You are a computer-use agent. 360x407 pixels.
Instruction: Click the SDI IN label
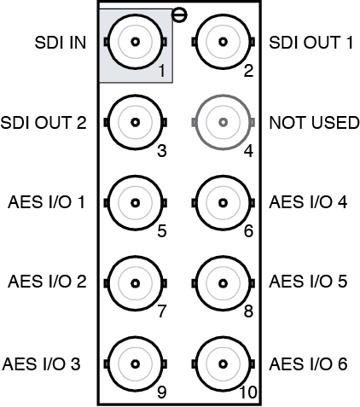point(60,43)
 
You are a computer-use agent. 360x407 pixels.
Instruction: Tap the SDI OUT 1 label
point(311,43)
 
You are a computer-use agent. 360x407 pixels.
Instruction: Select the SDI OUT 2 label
point(44,123)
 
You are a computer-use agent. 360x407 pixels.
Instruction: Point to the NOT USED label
point(314,123)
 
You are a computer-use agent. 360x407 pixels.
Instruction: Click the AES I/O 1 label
point(46,202)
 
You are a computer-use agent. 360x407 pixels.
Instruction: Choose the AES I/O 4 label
point(308,202)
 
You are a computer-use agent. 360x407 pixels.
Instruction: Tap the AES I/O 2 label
point(47,282)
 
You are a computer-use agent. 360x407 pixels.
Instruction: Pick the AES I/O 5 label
point(308,282)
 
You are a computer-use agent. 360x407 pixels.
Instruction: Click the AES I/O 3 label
point(41,364)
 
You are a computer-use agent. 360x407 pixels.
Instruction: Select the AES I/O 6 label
point(308,364)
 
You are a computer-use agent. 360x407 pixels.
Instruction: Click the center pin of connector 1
point(136,42)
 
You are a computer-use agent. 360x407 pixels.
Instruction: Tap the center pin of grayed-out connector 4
point(224,122)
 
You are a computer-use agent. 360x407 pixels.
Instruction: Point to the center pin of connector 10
point(224,364)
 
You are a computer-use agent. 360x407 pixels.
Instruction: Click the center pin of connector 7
point(136,283)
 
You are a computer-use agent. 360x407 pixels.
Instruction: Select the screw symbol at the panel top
point(179,15)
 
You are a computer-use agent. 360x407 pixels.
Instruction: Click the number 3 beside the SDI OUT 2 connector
point(162,151)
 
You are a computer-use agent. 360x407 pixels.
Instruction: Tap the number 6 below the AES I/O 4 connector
point(248,230)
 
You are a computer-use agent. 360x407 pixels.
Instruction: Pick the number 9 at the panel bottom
point(162,392)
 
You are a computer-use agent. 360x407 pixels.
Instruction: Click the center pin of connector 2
point(224,42)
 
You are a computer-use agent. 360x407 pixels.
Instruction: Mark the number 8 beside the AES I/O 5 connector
point(248,311)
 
